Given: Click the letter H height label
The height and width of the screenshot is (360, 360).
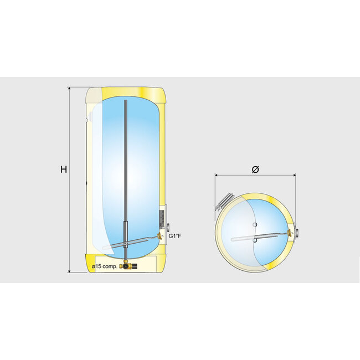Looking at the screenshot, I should click(64, 169).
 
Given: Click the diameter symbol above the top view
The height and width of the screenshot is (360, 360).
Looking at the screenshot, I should click(255, 169).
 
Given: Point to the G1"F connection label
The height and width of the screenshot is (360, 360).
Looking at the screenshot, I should click(176, 237).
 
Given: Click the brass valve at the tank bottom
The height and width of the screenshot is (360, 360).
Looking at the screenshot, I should click(127, 266).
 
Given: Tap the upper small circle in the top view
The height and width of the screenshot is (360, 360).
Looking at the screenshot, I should click(254, 224).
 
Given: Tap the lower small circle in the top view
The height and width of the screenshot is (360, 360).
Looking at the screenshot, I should click(254, 240).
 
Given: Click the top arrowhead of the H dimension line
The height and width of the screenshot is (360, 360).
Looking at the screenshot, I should click(70, 89).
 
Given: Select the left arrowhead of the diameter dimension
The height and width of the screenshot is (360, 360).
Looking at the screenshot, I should click(217, 175).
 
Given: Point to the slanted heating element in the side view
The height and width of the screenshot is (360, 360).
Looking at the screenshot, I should click(136, 241).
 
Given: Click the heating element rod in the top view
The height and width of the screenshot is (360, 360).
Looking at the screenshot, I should click(260, 237).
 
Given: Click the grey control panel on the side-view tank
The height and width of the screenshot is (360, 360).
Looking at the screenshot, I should click(162, 216).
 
